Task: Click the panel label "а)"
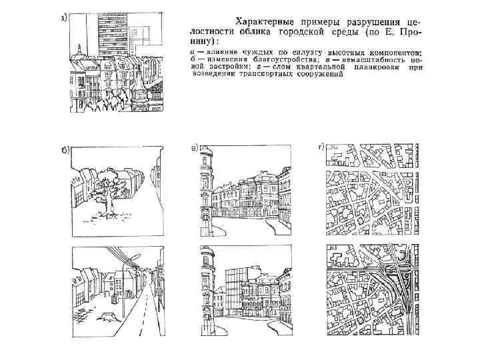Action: coord(63,17)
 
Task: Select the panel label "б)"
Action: coord(66,150)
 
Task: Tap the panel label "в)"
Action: coord(194,147)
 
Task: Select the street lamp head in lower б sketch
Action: coord(136,256)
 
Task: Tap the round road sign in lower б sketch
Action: coord(159,291)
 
